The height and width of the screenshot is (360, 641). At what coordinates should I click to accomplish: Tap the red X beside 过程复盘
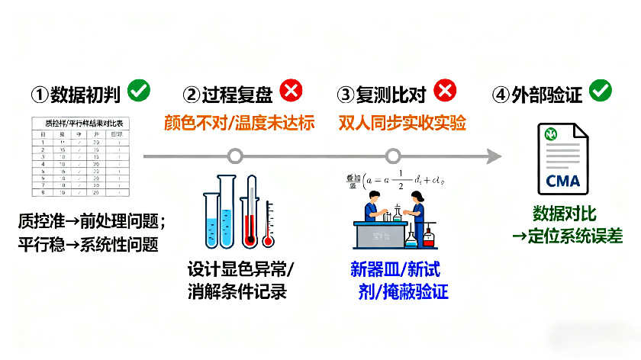coord(291,92)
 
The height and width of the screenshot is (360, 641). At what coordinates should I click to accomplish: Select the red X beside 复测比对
coord(445,92)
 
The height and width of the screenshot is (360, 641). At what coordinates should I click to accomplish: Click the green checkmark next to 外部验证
coord(601,92)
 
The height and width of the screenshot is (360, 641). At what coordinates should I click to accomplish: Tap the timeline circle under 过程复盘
coord(236,156)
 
